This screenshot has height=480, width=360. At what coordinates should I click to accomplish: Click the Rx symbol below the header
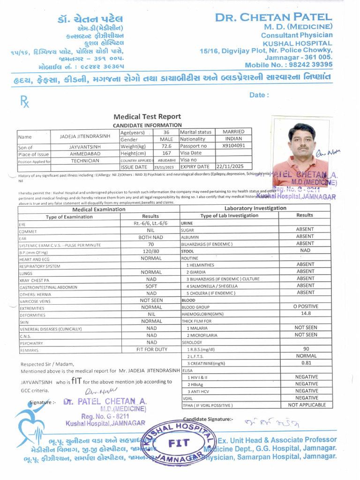(x=24, y=101)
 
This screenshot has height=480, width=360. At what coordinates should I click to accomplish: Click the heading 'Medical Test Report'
(x=147, y=116)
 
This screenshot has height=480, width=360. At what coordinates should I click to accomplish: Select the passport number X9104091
(x=233, y=146)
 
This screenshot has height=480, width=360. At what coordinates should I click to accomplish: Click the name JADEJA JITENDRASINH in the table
(x=85, y=136)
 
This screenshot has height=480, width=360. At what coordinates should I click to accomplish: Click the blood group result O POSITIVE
(x=305, y=307)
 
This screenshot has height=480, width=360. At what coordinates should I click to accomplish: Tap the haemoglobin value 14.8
(x=305, y=314)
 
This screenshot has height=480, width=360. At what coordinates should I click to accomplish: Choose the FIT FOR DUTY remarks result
(x=151, y=349)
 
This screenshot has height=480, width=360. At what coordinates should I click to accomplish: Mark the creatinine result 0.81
(x=306, y=362)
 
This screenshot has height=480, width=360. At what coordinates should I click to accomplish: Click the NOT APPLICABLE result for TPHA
(x=307, y=405)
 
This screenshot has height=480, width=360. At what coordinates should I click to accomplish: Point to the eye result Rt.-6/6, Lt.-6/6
(x=150, y=224)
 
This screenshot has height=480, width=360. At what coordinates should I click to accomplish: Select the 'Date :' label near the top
(x=259, y=95)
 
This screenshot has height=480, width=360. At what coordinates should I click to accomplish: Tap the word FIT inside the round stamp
(x=179, y=442)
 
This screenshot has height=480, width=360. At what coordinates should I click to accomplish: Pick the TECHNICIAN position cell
(x=85, y=160)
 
